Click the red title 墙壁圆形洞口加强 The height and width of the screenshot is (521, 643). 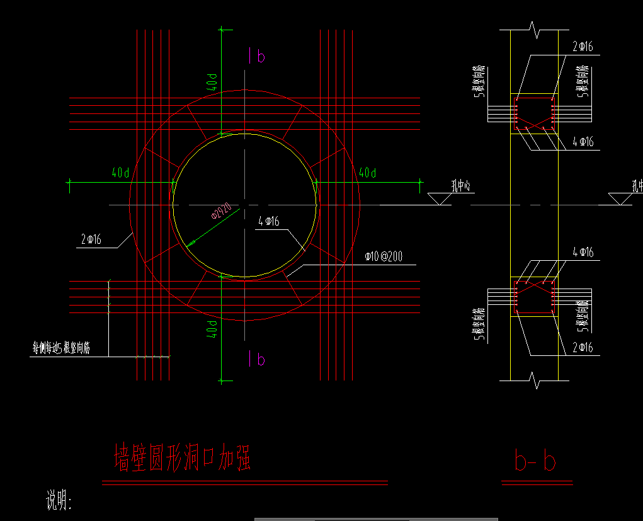pos(183,458)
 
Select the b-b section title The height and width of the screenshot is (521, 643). pos(535,462)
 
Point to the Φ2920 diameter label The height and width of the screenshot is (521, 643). pos(222,212)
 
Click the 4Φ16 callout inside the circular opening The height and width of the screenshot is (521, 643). pos(269,222)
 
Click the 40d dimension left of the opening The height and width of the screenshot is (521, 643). pos(120,173)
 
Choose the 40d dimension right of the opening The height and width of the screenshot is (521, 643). pos(367,173)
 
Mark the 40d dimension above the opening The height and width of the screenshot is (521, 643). pos(214,82)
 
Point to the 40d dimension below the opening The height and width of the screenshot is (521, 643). pos(214,329)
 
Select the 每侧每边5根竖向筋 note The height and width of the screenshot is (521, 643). pos(61,347)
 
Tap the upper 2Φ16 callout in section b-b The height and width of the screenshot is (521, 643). pos(583,47)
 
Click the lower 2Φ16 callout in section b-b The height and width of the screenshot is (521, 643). pos(583,347)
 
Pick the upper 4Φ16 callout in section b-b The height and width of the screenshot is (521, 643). pos(583,142)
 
